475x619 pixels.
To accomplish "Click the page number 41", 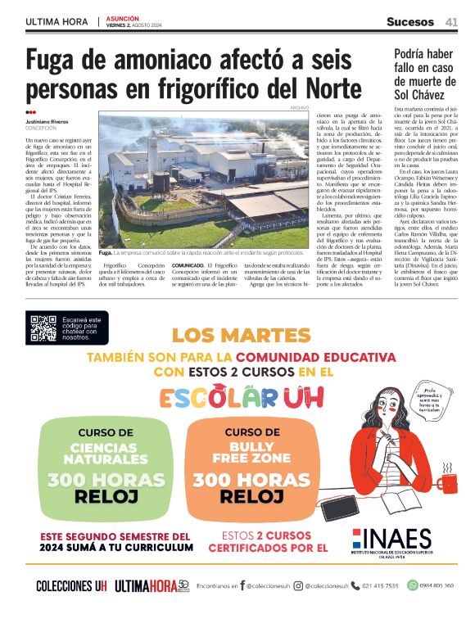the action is point(451,21).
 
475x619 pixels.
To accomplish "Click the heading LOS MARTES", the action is point(231,335).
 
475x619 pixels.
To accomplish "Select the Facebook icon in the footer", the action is point(242,585).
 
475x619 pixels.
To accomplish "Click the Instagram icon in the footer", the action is point(299,585).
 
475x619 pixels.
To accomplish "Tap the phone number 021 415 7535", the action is point(379,585).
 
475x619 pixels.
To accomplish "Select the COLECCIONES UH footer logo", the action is point(71,585).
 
